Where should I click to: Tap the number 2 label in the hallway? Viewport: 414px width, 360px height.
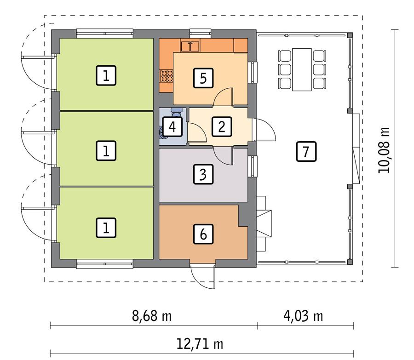(x=221, y=126)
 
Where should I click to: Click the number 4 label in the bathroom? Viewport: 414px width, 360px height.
(x=172, y=126)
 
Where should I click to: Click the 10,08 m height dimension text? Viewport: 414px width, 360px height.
(x=384, y=150)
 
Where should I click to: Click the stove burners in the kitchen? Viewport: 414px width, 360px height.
(x=166, y=76)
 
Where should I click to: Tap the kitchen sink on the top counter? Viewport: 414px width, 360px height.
(x=190, y=46)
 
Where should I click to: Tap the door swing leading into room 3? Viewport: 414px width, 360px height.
(x=224, y=155)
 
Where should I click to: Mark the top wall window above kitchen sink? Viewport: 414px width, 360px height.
(x=200, y=32)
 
